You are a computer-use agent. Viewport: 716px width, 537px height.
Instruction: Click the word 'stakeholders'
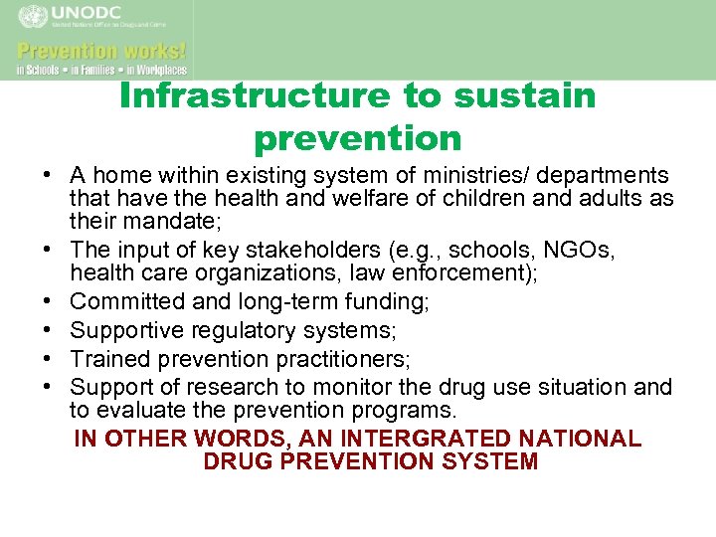(x=301, y=249)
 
